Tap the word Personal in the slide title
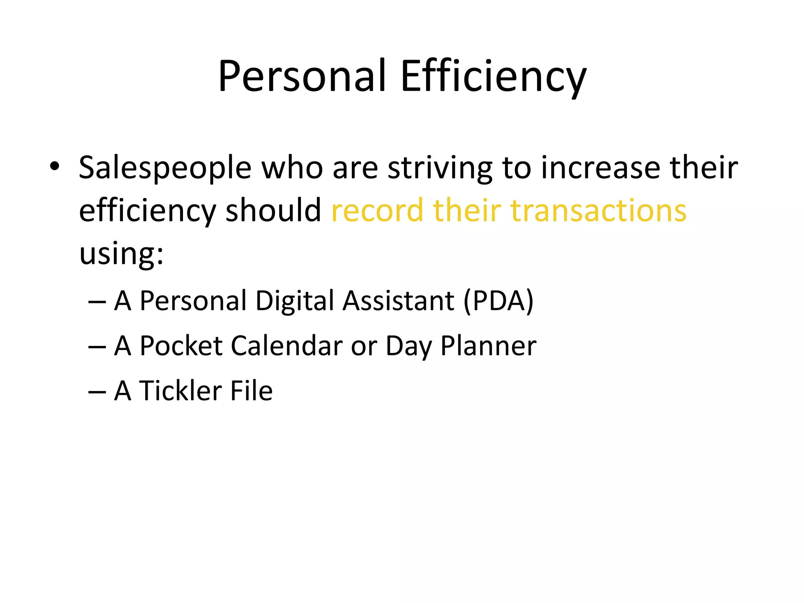point(302,77)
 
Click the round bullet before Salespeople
point(55,166)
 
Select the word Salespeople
point(165,168)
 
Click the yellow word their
point(467,210)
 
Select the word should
point(274,210)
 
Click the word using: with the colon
point(121,254)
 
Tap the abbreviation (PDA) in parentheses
point(498,301)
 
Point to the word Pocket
point(181,346)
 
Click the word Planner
point(488,346)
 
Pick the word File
point(251,391)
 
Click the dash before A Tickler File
point(97,391)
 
